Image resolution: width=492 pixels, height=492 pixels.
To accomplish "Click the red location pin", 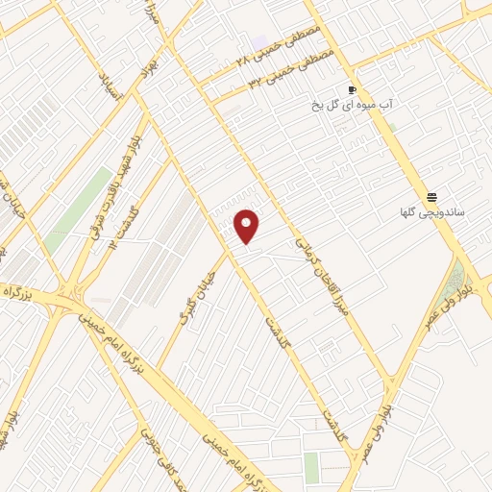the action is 247,227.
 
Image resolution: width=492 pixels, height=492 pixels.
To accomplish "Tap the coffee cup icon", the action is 354,89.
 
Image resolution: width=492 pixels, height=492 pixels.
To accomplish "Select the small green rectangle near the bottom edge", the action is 311,467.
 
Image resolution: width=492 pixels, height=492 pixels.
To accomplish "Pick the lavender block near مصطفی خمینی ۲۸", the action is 260,44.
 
